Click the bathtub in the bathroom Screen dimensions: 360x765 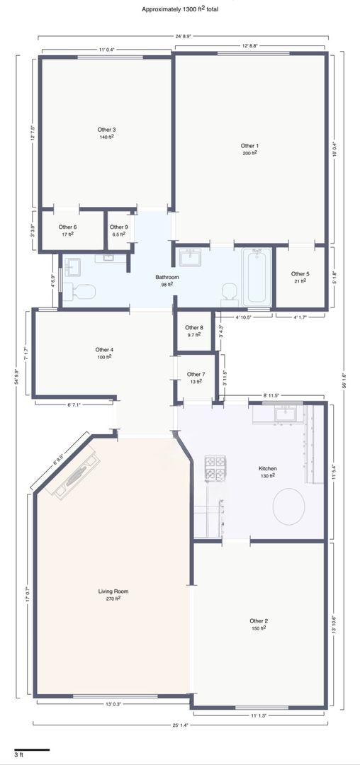pos(257,277)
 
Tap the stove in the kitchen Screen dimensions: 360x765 pos(215,468)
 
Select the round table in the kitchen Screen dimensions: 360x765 pos(288,506)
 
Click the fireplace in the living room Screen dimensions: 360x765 pos(74,475)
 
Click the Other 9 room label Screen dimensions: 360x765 pos(119,227)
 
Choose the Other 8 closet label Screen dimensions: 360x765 pos(193,328)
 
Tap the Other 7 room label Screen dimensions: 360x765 pos(196,375)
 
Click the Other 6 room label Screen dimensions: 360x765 pos(68,227)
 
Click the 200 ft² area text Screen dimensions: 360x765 pos(249,153)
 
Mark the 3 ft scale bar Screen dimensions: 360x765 pos(32,749)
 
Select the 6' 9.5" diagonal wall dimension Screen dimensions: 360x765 pos(58,460)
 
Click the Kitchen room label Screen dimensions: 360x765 pos(267,469)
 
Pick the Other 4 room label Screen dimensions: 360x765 pos(104,350)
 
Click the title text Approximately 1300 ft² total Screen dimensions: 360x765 pos(180,8)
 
